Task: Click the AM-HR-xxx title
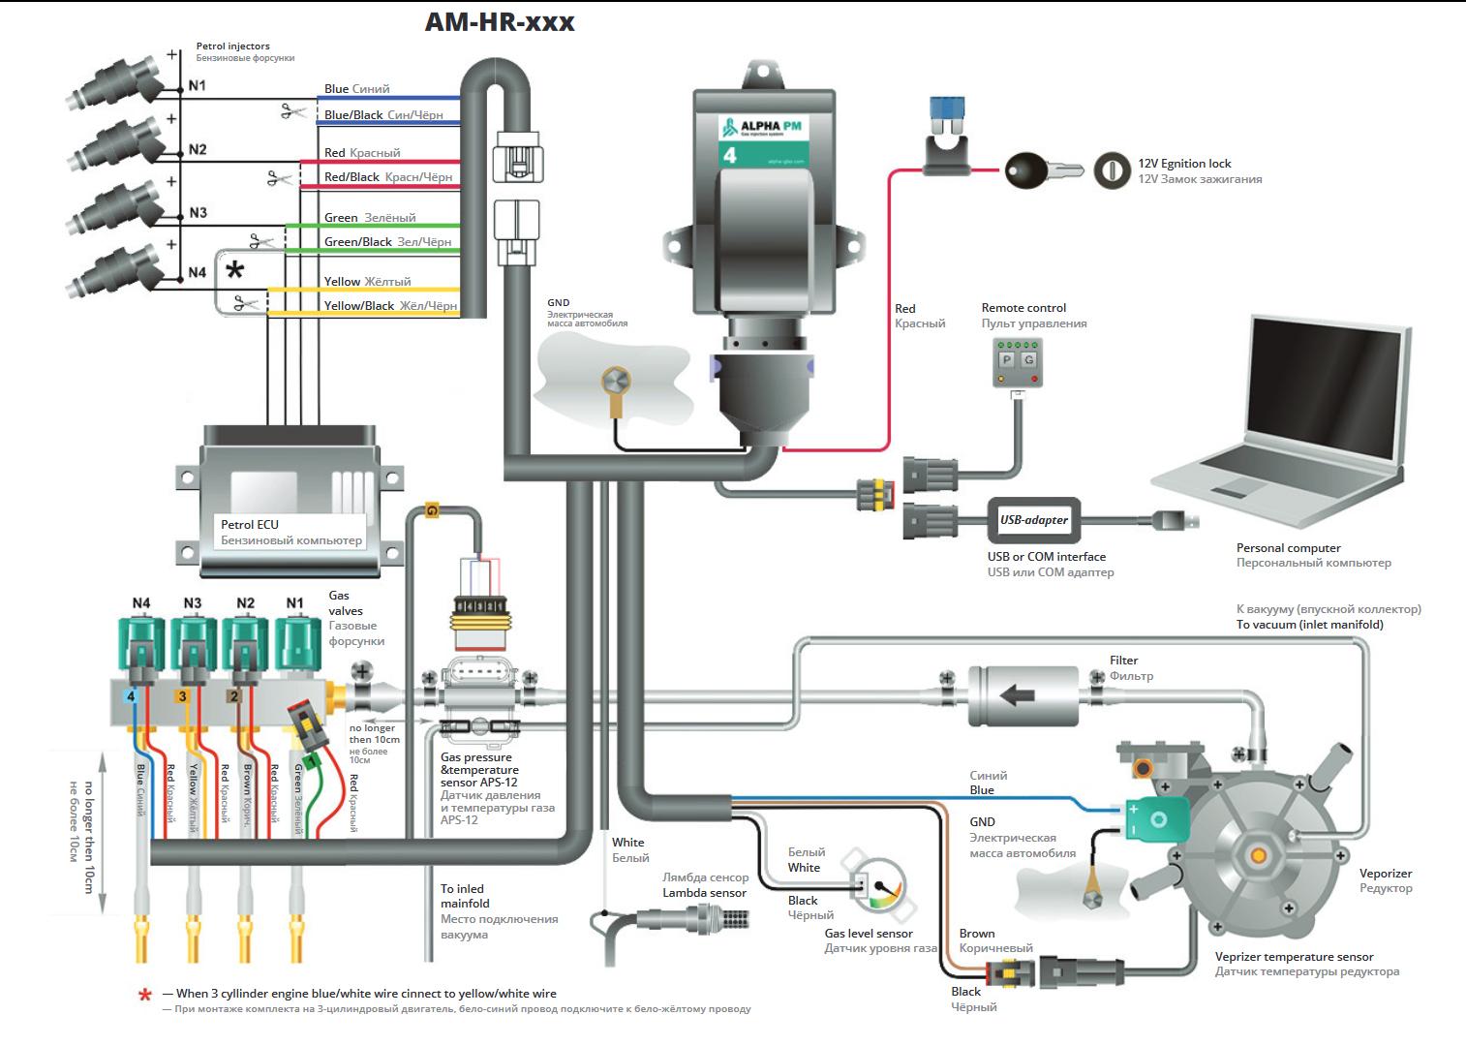500,21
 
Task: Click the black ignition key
1028,171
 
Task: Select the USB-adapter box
1033,520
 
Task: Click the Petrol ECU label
250,525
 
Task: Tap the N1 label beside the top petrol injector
198,85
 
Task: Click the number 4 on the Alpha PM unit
730,155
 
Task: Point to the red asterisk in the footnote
145,995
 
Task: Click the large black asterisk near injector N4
235,270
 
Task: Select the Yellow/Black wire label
359,306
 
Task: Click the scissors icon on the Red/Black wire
282,178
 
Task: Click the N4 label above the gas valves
141,603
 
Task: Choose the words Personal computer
1288,548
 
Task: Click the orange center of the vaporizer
1258,855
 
